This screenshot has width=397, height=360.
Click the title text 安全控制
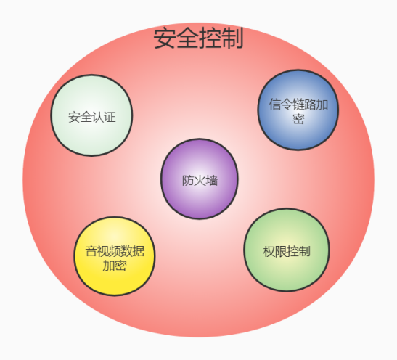coord(198,38)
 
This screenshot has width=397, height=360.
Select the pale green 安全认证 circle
coord(91,115)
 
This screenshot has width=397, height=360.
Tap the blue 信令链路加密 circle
coord(298,110)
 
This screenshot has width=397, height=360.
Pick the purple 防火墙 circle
coord(200,179)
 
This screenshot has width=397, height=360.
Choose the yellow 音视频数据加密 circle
coord(115,256)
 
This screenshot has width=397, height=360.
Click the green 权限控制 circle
coord(287,250)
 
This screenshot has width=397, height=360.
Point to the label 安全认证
coord(92,117)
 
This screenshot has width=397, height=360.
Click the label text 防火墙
coord(200,181)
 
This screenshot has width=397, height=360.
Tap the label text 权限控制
coord(287,252)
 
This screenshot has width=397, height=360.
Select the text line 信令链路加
coord(298,105)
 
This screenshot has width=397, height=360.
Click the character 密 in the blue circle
coord(298,118)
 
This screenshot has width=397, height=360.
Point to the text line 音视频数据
coord(115,251)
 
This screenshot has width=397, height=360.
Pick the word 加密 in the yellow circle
coord(115,266)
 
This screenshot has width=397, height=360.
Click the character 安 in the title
coord(165,38)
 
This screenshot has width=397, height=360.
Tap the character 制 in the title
coord(232,38)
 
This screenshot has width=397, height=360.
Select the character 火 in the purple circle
coord(200,181)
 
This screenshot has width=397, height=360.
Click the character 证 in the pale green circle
coord(110,117)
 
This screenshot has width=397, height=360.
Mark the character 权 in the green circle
coord(269,252)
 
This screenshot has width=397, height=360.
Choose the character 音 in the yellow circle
coord(91,251)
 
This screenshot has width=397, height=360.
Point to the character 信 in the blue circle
coord(275,105)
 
